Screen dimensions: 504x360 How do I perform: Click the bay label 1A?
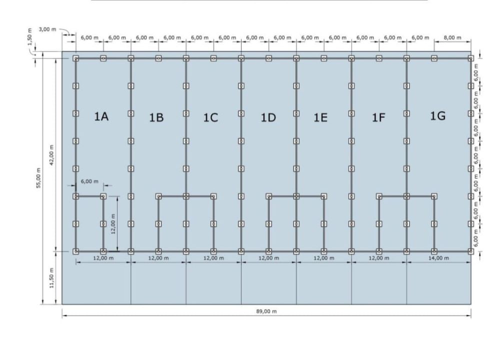101,116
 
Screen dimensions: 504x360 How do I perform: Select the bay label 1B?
156,117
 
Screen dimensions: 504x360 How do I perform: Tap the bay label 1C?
210,117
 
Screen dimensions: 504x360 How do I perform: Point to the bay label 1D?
268,117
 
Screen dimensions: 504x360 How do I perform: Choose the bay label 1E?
320,117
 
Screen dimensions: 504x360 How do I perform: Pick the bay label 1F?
378,117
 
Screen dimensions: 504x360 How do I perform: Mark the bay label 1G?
438,115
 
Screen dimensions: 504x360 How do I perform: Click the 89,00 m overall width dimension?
266,311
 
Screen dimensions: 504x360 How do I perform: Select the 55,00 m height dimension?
38,178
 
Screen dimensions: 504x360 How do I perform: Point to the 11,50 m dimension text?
51,277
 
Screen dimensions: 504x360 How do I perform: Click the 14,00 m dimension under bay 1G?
439,258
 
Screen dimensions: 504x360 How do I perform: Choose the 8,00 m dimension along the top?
452,37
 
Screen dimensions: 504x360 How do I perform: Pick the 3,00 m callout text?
47,29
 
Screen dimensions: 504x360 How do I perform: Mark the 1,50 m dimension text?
29,36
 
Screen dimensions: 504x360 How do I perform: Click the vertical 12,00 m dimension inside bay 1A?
113,224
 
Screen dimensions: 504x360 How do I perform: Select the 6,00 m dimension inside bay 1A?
89,181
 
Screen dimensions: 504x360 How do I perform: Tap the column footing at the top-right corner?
471,58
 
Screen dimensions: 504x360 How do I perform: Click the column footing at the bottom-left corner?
75,251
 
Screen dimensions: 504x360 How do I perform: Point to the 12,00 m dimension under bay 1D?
268,258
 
